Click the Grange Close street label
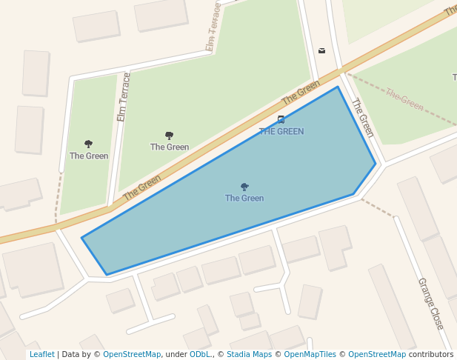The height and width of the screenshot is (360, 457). pos(430,304)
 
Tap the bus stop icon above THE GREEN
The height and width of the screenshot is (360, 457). pos(281,119)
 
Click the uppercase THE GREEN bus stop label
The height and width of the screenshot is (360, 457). pos(281,131)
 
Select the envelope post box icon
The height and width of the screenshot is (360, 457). pos(321,50)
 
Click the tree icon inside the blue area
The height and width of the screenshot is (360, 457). pos(244,187)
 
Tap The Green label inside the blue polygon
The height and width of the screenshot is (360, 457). pos(244,198)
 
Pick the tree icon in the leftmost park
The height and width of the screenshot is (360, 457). pos(89,144)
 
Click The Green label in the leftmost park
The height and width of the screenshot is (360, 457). pos(89,156)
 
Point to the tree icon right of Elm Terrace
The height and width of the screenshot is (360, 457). pos(169,136)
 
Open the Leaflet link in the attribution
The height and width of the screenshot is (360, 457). pos(41,354)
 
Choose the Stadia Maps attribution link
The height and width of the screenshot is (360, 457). pos(249,354)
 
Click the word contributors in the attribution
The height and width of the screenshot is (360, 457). pos(431,354)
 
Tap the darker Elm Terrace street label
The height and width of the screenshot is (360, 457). pos(124,97)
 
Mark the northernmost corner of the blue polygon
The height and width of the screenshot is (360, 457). pos(338,87)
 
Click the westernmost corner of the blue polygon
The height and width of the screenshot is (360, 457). pos(81,238)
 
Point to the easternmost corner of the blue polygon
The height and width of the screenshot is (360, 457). pos(376,164)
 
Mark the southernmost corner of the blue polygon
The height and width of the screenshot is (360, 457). pos(107,275)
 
